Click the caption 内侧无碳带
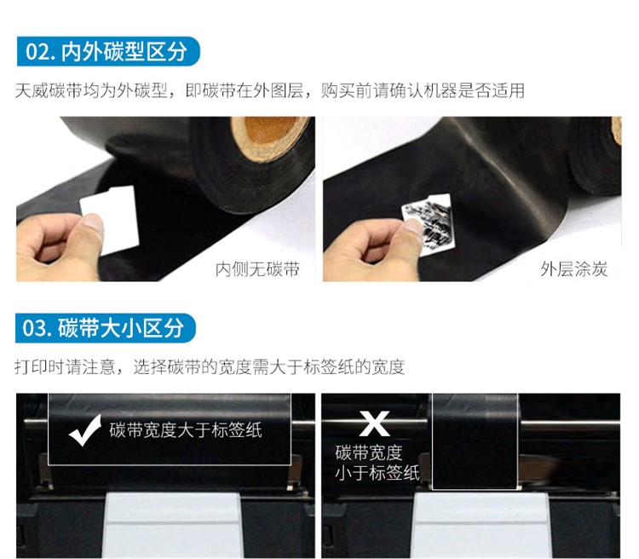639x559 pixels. tap(257, 269)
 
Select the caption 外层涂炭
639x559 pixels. tap(573, 269)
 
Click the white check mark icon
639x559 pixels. tap(85, 430)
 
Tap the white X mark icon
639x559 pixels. tap(374, 424)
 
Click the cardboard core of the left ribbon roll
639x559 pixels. tap(270, 138)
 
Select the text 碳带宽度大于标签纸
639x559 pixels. tap(186, 430)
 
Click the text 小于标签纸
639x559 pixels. tap(377, 473)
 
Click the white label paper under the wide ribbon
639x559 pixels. tap(171, 525)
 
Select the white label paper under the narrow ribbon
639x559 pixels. tap(480, 525)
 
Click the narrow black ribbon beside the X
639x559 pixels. tap(475, 441)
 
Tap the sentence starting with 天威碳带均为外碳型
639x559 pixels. tap(270, 90)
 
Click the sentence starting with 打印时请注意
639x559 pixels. tap(210, 367)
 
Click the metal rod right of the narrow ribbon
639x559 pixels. tap(570, 426)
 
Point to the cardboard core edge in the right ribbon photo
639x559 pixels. tap(617, 130)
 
